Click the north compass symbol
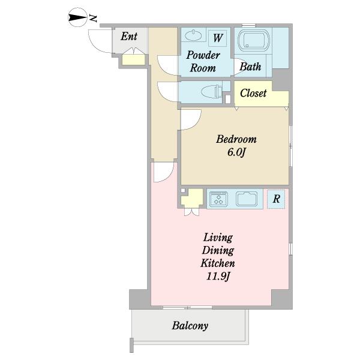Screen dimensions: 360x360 78,17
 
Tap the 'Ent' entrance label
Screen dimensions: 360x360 129,36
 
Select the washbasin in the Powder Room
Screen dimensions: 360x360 193,35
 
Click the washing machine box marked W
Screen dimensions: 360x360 218,37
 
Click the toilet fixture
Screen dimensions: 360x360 212,92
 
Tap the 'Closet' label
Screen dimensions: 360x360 253,93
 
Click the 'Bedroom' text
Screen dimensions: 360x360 236,139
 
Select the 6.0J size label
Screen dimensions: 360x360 236,152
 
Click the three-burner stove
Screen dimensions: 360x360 219,199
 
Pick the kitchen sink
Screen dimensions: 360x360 247,199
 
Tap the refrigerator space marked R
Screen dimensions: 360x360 276,199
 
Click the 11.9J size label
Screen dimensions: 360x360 218,276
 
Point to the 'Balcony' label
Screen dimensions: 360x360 190,326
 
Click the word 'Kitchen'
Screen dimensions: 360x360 218,263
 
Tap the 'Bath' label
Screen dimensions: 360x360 250,67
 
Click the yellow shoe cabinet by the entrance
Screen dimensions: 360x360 133,60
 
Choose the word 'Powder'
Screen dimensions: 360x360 203,55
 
